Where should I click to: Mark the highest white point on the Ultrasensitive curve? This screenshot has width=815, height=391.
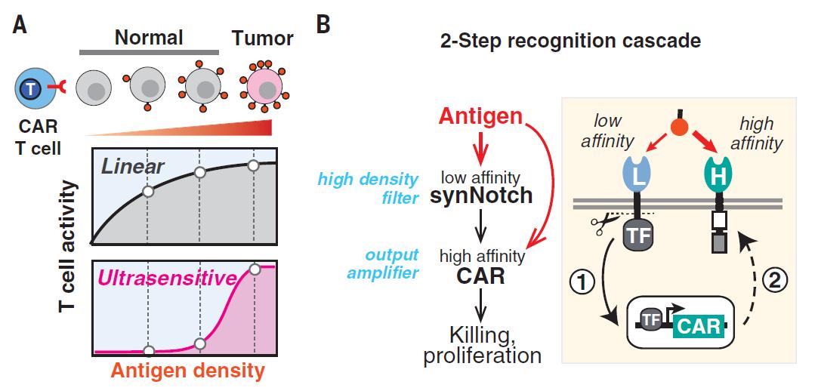click(255, 269)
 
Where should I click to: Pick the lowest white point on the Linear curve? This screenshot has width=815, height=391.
click(148, 192)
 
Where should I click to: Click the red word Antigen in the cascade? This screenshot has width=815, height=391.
click(481, 117)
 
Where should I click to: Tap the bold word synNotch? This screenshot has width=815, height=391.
click(482, 195)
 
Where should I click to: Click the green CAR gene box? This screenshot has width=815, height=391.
click(698, 327)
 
